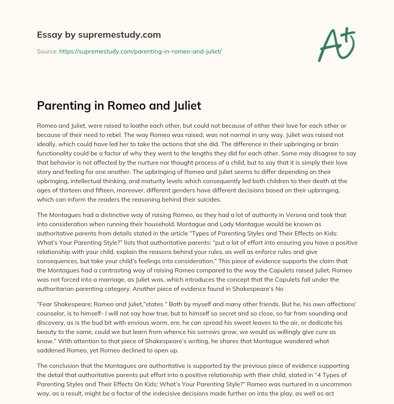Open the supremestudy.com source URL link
(x=140, y=51)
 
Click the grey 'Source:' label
(x=47, y=51)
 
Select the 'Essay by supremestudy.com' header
(x=98, y=35)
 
